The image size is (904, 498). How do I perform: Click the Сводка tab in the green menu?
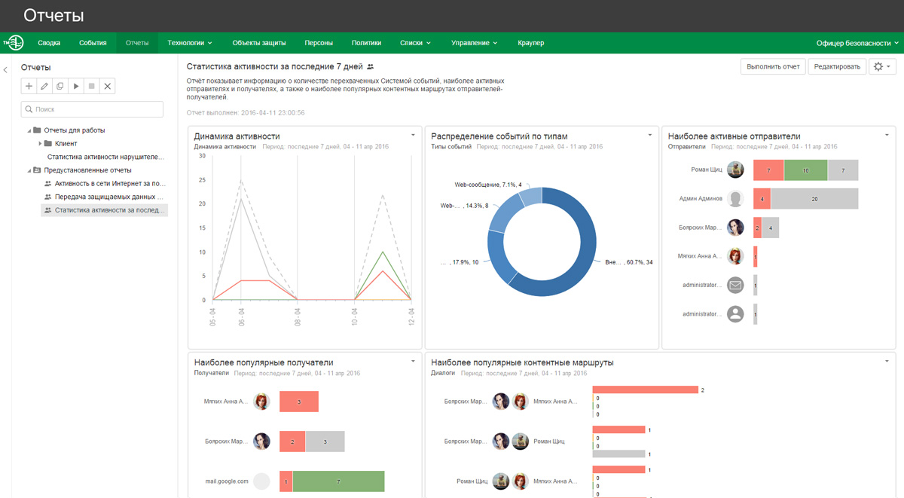click(49, 43)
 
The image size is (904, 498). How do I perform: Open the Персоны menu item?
click(319, 43)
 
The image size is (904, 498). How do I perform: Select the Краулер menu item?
click(531, 43)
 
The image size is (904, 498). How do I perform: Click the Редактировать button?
click(837, 67)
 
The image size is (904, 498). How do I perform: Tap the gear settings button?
click(881, 67)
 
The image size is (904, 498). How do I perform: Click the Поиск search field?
click(92, 109)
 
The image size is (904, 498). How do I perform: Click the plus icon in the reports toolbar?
click(29, 87)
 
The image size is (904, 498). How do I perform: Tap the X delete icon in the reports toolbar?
click(108, 87)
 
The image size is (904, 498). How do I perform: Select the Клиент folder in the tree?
click(66, 143)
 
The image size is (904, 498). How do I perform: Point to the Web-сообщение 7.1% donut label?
click(487, 185)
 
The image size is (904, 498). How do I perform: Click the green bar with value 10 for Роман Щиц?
click(805, 170)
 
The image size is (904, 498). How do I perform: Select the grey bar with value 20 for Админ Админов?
click(814, 199)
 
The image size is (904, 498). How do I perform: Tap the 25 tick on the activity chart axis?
click(202, 180)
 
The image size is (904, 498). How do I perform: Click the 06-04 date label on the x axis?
click(241, 316)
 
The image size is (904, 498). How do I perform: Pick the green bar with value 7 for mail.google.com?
click(338, 481)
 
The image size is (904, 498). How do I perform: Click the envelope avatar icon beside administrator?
click(735, 285)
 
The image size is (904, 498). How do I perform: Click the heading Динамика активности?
click(237, 136)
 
